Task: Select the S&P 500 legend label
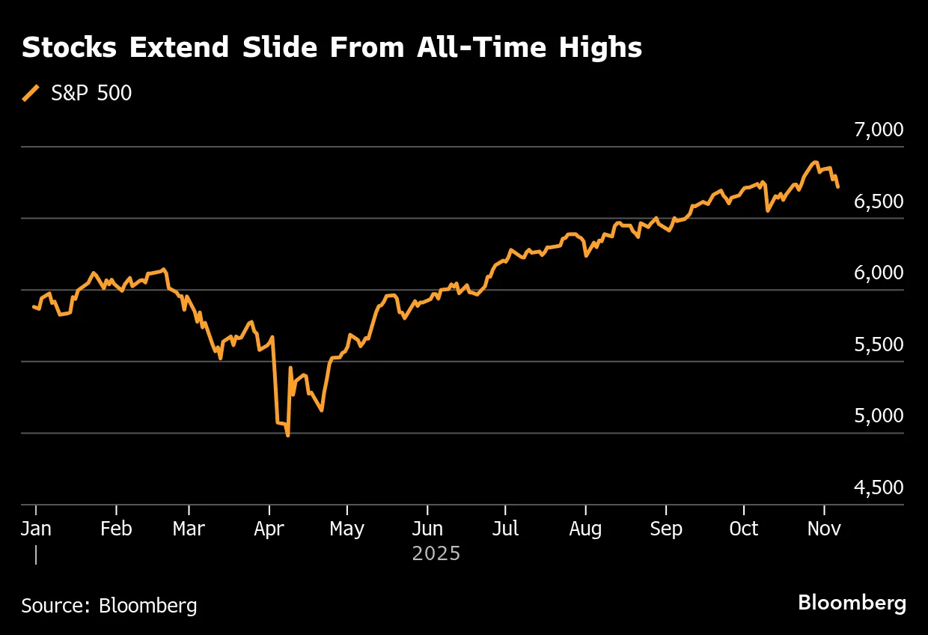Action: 91,94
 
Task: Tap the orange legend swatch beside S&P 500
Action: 31,94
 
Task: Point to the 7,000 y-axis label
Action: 879,130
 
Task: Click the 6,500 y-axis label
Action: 879,202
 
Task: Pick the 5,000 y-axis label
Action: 879,416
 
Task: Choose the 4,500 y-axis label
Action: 879,488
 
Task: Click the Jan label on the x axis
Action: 36,529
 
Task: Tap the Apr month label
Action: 269,529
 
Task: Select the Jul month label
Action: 506,529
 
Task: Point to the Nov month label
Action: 824,529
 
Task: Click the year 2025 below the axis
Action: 436,554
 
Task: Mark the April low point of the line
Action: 288,435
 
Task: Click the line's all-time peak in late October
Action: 815,162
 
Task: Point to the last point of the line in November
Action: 837,186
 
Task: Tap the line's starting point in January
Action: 34,306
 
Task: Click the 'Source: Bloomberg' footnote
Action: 109,605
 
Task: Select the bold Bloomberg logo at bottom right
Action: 852,603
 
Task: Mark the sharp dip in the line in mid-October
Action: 767,210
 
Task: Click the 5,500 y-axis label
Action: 879,345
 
